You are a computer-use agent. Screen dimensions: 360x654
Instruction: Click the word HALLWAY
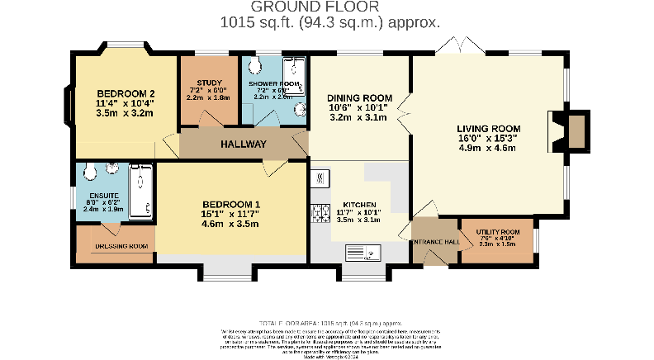point(243,144)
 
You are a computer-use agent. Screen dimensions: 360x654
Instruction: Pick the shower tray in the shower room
point(292,74)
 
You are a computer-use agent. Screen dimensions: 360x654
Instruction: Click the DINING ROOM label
point(358,98)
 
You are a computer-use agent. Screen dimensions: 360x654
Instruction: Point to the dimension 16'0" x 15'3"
point(489,139)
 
